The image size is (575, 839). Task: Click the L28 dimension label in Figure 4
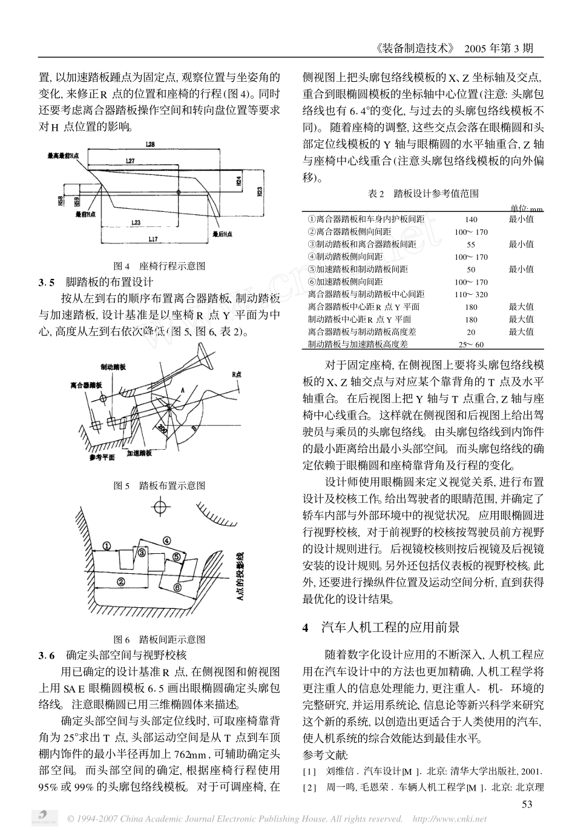[x=151, y=145]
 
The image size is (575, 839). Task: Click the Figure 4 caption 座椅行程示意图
[x=160, y=266]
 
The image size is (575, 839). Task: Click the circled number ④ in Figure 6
[x=165, y=540]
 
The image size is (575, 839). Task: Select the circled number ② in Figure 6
[x=120, y=581]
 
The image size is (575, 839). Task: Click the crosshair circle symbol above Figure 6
[x=160, y=506]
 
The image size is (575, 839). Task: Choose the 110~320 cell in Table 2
[x=470, y=294]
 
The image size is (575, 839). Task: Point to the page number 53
[x=527, y=804]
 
